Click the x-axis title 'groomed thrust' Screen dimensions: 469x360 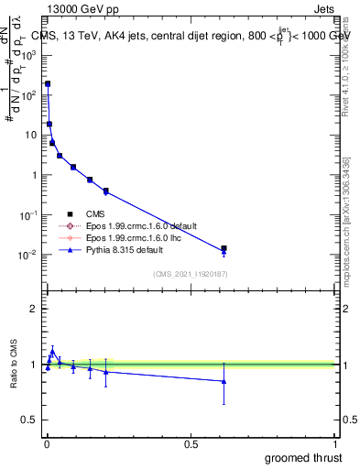click(x=303, y=457)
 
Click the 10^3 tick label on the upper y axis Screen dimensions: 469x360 click(x=27, y=54)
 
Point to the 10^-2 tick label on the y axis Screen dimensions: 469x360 click(x=27, y=255)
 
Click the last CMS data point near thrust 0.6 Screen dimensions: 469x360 click(x=224, y=248)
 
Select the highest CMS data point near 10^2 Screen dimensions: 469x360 click(x=48, y=83)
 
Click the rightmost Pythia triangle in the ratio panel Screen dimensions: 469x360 click(x=224, y=381)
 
